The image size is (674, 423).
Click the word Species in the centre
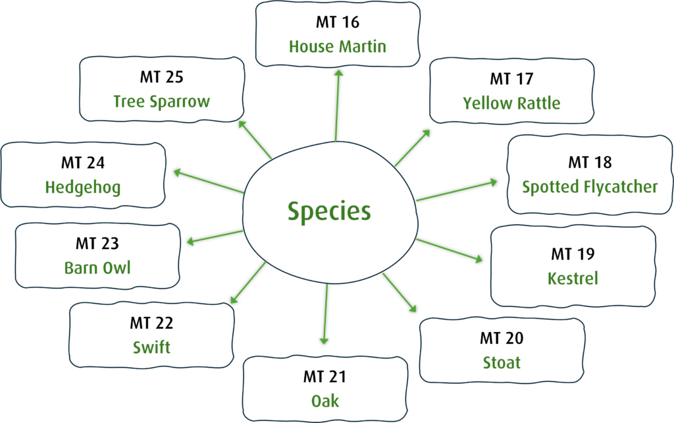click(x=329, y=211)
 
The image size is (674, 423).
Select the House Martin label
click(x=338, y=47)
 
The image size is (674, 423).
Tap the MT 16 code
click(x=338, y=22)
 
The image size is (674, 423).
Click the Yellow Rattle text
click(x=511, y=103)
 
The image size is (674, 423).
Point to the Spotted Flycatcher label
click(x=590, y=186)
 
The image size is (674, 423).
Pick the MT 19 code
click(x=573, y=254)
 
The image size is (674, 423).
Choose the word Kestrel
click(x=573, y=279)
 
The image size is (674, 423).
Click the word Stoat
click(x=502, y=363)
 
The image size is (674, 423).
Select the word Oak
click(x=325, y=401)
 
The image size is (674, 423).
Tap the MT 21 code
click(x=324, y=376)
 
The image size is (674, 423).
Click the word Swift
click(x=151, y=347)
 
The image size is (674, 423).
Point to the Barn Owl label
click(x=97, y=268)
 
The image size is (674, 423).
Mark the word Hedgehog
click(x=83, y=188)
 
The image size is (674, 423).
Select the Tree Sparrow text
click(x=162, y=102)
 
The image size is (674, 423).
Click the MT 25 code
click(x=162, y=77)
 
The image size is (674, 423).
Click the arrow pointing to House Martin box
click(x=337, y=105)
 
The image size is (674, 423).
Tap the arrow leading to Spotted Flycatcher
click(x=457, y=191)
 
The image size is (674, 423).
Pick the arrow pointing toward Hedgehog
click(x=209, y=182)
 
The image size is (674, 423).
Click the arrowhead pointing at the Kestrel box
click(x=479, y=258)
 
